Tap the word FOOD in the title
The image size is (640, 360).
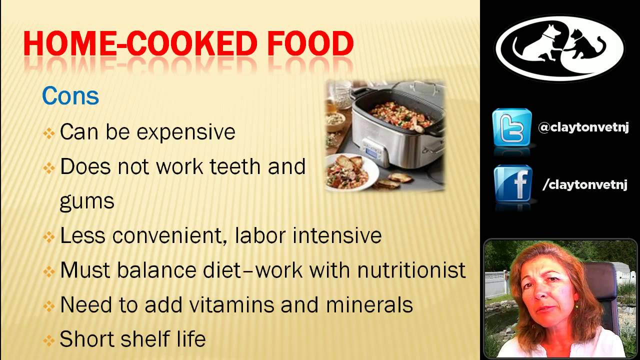(x=310, y=44)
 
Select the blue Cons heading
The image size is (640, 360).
(x=70, y=96)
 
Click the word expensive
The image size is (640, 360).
(x=185, y=132)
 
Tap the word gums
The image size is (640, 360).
(x=87, y=201)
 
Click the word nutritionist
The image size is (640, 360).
(x=411, y=270)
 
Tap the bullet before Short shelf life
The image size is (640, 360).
(x=48, y=340)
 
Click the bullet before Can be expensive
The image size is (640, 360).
(x=48, y=133)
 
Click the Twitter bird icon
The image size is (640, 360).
(x=511, y=127)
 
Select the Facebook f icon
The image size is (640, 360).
(x=512, y=183)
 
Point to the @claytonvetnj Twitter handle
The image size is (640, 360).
(x=583, y=128)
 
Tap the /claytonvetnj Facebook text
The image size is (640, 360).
(x=584, y=185)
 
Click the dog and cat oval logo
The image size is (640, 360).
(x=559, y=48)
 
